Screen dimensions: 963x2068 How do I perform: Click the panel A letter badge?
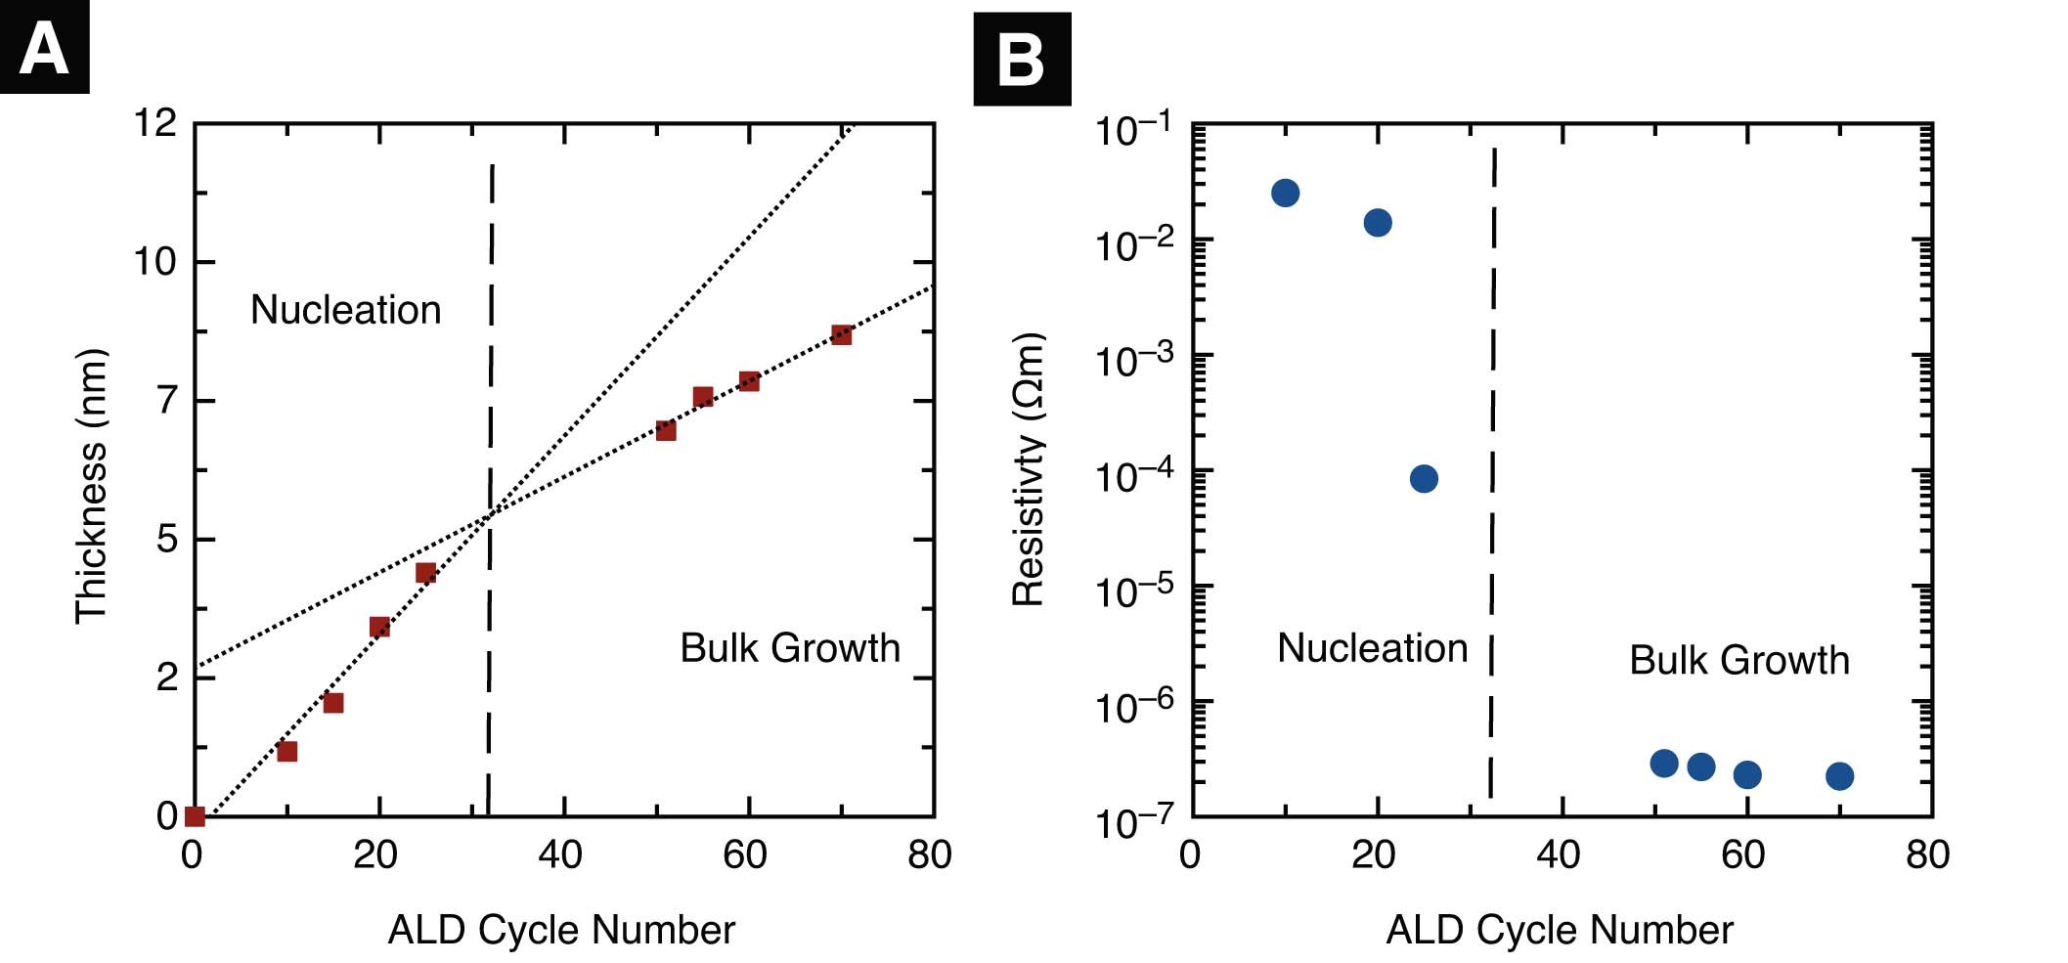click(44, 47)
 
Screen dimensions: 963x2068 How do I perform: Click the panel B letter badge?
click(1022, 59)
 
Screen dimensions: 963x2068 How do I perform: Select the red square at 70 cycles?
click(841, 335)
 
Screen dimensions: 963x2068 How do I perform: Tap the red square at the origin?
click(195, 816)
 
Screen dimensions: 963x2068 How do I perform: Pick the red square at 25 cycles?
click(425, 573)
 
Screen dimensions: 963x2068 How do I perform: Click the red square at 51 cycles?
click(666, 430)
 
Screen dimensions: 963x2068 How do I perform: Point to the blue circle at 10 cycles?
click(1285, 193)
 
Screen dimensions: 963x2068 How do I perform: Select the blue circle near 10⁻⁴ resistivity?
click(1424, 478)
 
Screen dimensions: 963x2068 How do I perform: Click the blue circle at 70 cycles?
click(1839, 776)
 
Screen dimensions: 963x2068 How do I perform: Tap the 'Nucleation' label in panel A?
click(345, 310)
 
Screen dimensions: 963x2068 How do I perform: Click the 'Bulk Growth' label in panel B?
click(1738, 660)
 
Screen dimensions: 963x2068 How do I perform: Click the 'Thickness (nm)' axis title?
click(91, 486)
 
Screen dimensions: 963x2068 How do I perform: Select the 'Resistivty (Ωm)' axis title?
click(1029, 469)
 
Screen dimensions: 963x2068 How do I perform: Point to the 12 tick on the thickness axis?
click(155, 123)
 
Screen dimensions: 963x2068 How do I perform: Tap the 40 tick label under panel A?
click(560, 854)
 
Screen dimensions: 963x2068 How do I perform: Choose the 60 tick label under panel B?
click(1742, 854)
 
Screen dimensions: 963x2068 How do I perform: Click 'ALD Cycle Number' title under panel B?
click(1559, 930)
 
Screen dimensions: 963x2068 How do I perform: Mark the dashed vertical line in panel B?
click(1492, 469)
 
